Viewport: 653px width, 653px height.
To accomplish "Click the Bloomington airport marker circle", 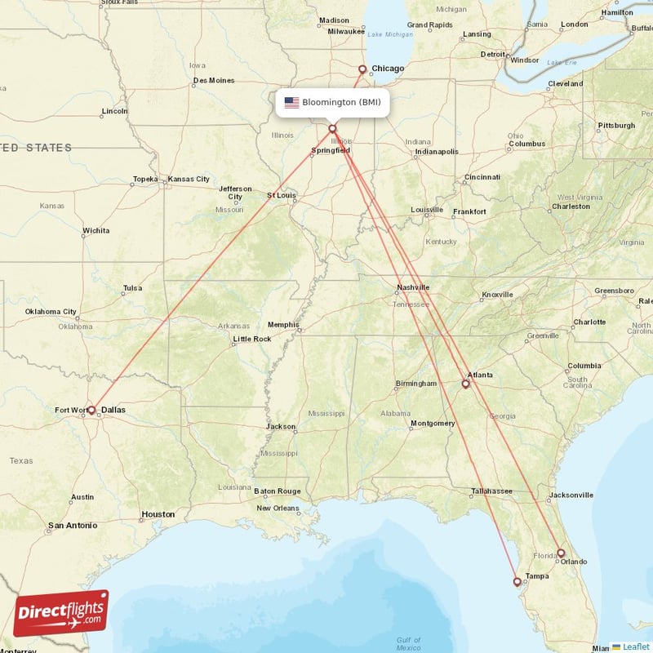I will click(x=332, y=128).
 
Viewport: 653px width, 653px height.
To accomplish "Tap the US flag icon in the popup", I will click(x=291, y=103).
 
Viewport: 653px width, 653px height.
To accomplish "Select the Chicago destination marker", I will click(x=362, y=69).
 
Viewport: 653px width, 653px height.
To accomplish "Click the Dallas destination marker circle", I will click(x=91, y=410).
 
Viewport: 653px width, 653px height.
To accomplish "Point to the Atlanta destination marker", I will click(x=466, y=384).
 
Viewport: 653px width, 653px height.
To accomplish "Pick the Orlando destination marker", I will click(x=561, y=553).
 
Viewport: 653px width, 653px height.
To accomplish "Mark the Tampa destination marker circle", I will click(x=517, y=582).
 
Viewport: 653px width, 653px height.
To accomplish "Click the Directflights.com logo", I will click(x=61, y=613).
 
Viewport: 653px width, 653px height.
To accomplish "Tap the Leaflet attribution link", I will click(x=635, y=646).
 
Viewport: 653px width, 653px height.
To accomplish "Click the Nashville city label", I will click(x=413, y=287).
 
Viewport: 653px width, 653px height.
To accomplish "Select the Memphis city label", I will click(x=283, y=325).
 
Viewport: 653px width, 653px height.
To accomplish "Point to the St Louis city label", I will click(x=282, y=195).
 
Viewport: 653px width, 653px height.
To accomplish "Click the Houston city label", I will click(x=158, y=514).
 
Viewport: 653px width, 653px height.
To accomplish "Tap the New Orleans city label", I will click(x=278, y=508).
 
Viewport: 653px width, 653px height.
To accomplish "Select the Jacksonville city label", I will click(x=571, y=495).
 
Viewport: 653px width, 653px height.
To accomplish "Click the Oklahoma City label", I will click(x=51, y=312).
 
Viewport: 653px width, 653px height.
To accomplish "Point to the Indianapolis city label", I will click(x=437, y=152).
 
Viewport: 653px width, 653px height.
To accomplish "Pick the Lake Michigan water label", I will click(x=391, y=34).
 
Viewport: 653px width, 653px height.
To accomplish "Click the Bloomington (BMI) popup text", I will click(x=341, y=103).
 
